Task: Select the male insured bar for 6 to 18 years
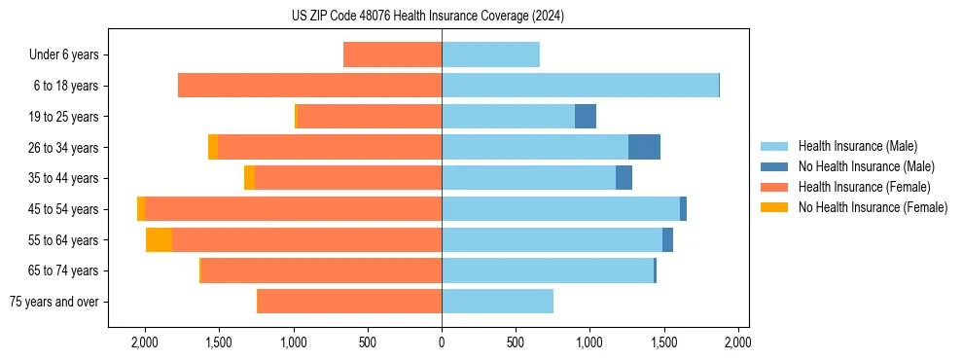click(580, 86)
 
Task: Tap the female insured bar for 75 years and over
click(349, 302)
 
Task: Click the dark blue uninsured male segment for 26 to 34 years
click(644, 147)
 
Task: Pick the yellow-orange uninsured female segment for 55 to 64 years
click(159, 240)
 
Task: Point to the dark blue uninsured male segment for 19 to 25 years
click(586, 117)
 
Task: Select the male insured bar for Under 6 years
click(490, 54)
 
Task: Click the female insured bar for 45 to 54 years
click(293, 209)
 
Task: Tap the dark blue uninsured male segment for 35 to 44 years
click(624, 178)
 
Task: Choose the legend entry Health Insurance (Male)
click(857, 146)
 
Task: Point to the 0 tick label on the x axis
click(442, 342)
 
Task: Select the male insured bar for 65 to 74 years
click(548, 270)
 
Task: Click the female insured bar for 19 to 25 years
click(370, 117)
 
